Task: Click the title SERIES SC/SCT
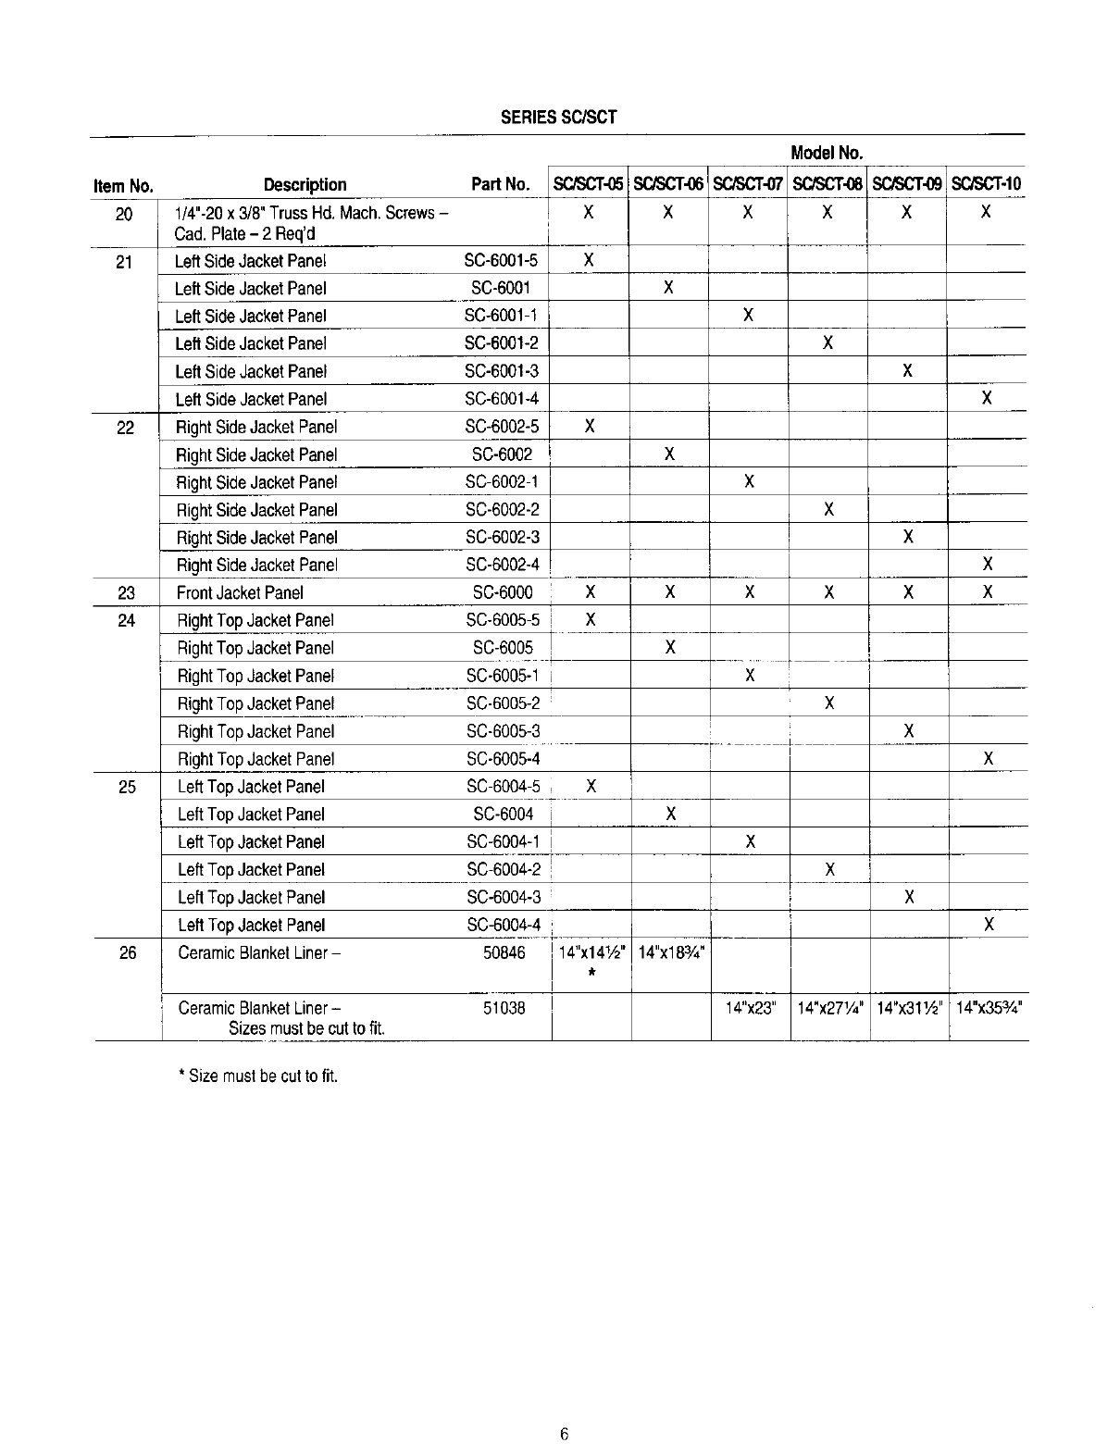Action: (x=558, y=118)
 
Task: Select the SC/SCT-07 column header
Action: (x=748, y=184)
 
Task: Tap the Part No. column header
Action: (x=500, y=184)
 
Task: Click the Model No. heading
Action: (x=827, y=153)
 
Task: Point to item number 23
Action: (x=127, y=592)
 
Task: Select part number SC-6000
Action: (x=503, y=592)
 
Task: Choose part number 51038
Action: (x=504, y=1008)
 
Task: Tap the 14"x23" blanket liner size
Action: (x=750, y=1008)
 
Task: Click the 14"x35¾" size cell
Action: (x=989, y=1008)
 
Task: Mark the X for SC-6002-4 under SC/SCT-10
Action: (x=988, y=564)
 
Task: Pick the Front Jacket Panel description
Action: (x=240, y=592)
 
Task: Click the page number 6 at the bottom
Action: (x=563, y=1435)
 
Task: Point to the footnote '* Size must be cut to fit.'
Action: (x=258, y=1076)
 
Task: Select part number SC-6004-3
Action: (x=504, y=897)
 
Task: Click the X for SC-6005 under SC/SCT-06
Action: (x=669, y=647)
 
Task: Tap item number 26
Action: (x=128, y=952)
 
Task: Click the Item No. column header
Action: (x=123, y=186)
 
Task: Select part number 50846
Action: (x=504, y=952)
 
